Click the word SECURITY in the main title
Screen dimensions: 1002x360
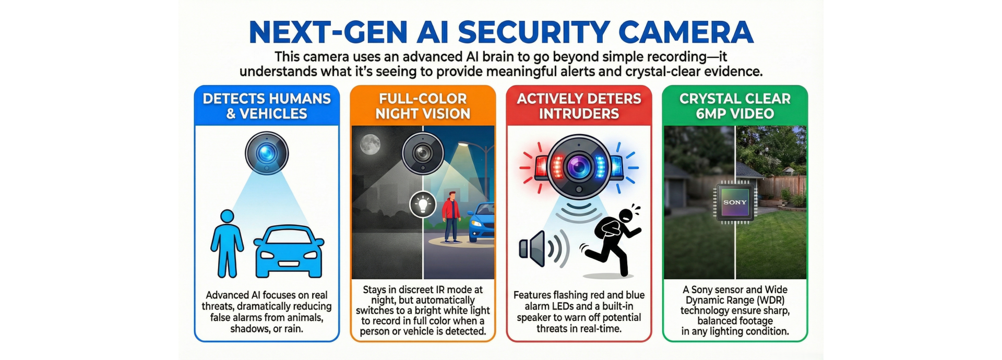[533, 32]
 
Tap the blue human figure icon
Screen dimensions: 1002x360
[227, 244]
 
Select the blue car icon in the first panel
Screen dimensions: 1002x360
[289, 251]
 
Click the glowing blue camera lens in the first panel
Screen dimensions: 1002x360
[267, 153]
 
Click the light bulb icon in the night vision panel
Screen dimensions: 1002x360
[423, 204]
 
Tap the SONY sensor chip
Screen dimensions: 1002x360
[735, 202]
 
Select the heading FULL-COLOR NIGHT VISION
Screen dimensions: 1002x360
[423, 106]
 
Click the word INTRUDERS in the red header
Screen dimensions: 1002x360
[579, 114]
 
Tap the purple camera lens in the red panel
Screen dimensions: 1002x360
[579, 167]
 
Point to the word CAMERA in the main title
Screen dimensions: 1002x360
[686, 32]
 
